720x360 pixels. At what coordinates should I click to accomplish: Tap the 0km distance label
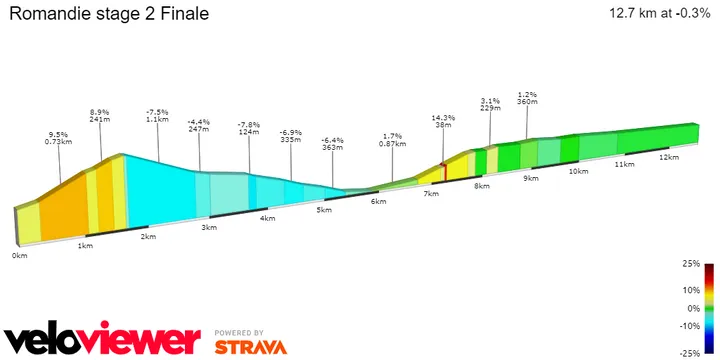point(19,256)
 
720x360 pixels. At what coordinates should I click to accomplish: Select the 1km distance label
point(85,246)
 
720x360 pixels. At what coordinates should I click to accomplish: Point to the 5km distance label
point(323,210)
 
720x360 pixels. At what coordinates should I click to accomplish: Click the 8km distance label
point(482,186)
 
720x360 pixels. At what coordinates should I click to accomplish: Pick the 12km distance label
point(669,157)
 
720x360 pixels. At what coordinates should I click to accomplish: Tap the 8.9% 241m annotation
point(100,116)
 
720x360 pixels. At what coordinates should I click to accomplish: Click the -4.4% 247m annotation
point(199,124)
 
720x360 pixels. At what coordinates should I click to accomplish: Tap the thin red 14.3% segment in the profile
point(444,171)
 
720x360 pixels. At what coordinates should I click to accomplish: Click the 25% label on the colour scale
point(691,265)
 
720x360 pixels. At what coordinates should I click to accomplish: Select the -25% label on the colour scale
point(689,353)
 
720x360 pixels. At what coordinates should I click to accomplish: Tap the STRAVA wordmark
point(250,347)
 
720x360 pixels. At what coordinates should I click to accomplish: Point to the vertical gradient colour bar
point(708,308)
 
